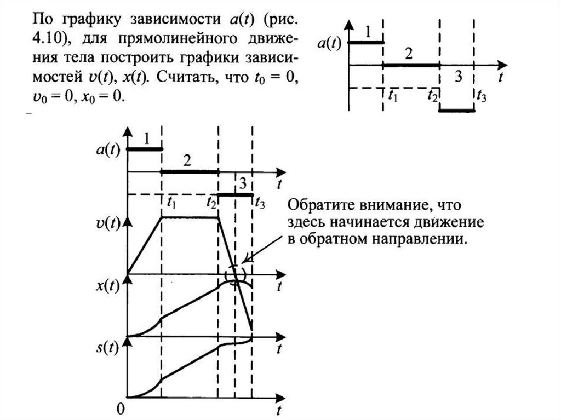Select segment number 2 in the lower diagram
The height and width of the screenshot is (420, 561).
[187, 161]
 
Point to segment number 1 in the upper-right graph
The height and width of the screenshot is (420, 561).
[368, 31]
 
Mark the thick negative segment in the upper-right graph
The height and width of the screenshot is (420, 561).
[457, 111]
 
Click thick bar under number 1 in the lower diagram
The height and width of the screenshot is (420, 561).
[145, 148]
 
